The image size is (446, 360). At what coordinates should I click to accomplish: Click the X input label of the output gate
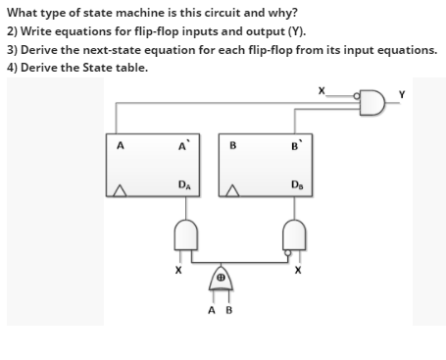[x=320, y=90]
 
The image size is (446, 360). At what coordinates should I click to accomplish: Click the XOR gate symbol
[x=222, y=280]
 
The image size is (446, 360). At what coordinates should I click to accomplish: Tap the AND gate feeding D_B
[x=294, y=235]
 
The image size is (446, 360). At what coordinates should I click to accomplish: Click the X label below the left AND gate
[x=177, y=268]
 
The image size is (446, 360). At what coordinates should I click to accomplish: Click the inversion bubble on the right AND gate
[x=287, y=251]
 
